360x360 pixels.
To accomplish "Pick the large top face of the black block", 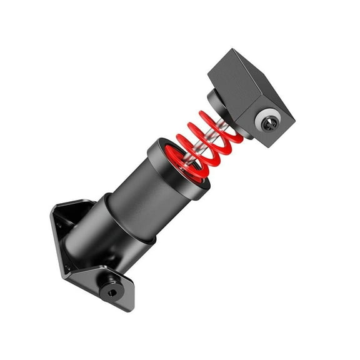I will tap(237, 78).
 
